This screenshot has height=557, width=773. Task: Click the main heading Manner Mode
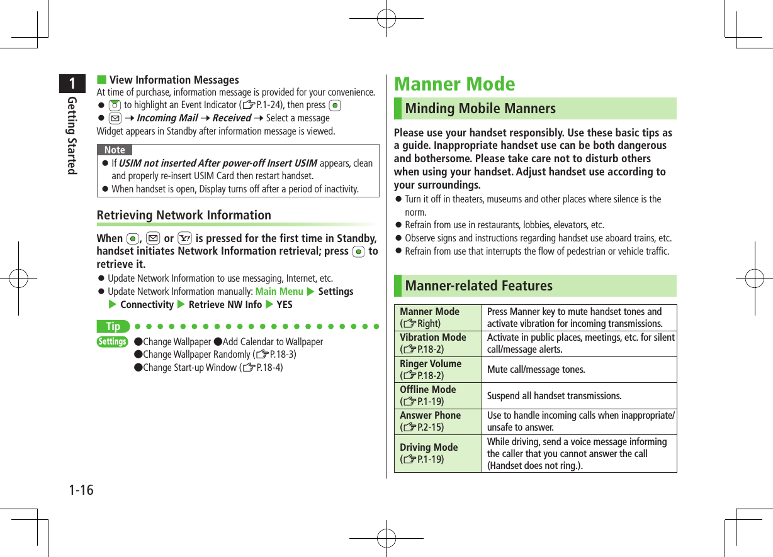[x=454, y=84]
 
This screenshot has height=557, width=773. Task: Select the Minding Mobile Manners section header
[x=480, y=109]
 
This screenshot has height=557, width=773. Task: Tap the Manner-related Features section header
[x=478, y=286]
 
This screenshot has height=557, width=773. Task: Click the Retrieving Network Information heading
[x=184, y=215]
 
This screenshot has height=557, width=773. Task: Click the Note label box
[x=115, y=150]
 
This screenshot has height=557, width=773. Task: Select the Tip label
[x=113, y=327]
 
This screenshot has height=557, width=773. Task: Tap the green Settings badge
[x=113, y=342]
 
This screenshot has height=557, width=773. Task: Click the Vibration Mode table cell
[x=437, y=344]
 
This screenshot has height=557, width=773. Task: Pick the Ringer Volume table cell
[x=437, y=370]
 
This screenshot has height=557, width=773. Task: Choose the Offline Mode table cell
[x=437, y=395]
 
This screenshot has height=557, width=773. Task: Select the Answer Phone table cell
[x=437, y=421]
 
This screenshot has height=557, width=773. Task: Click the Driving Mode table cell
[x=437, y=453]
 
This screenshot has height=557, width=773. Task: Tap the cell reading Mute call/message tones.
[x=536, y=370]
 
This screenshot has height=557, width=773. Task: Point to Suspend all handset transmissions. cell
[x=554, y=396]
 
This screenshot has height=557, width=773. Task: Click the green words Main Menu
[x=279, y=292]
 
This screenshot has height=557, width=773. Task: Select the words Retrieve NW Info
[x=225, y=305]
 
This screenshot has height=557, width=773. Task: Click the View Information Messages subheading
[x=174, y=80]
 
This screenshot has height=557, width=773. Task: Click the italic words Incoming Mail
[x=167, y=118]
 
